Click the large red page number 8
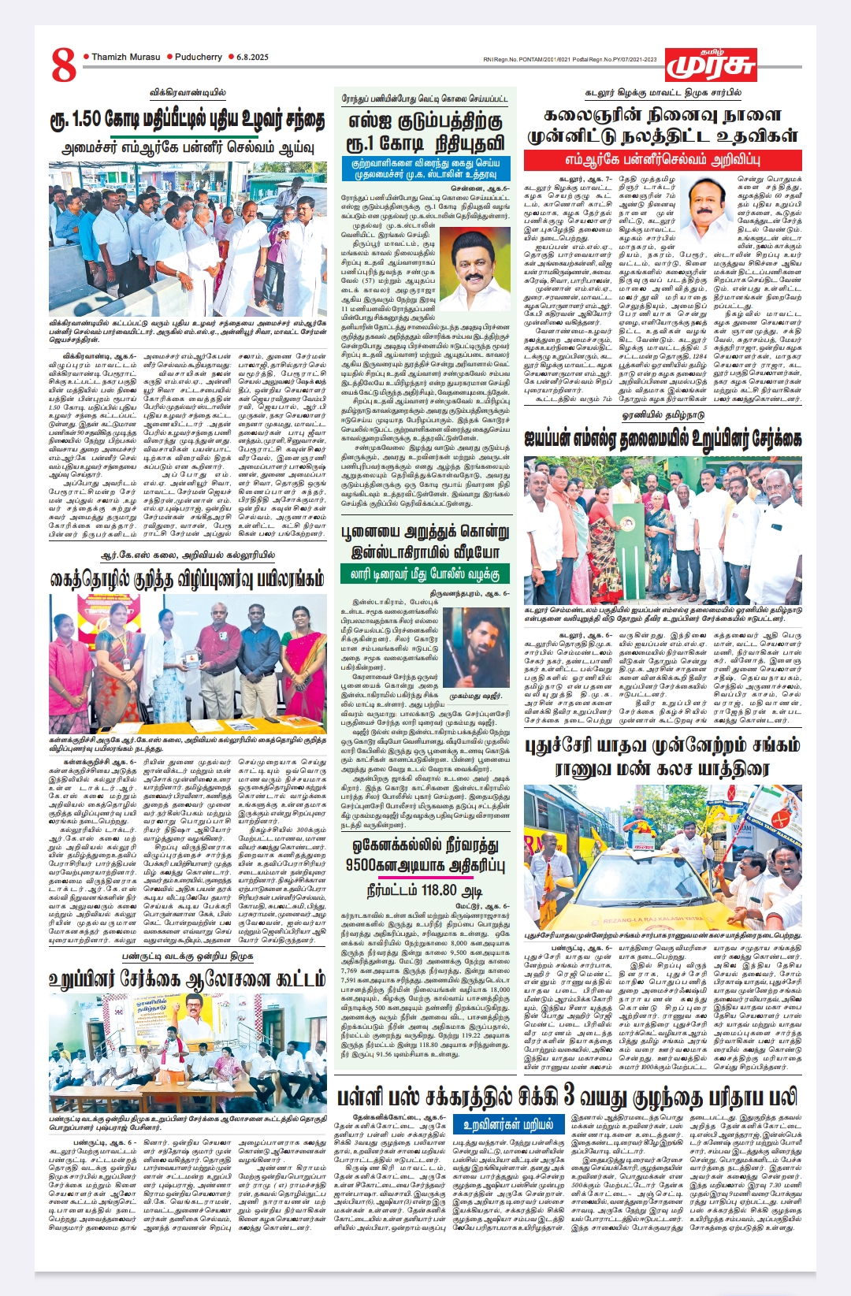tap(64, 65)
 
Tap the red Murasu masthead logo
tap(710, 64)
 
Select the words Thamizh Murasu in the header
tap(125, 57)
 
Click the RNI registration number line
tap(570, 59)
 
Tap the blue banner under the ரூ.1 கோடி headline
tap(425, 168)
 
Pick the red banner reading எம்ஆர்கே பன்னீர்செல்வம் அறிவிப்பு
tap(662, 158)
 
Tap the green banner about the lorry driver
tap(425, 574)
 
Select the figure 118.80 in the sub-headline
tap(439, 891)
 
